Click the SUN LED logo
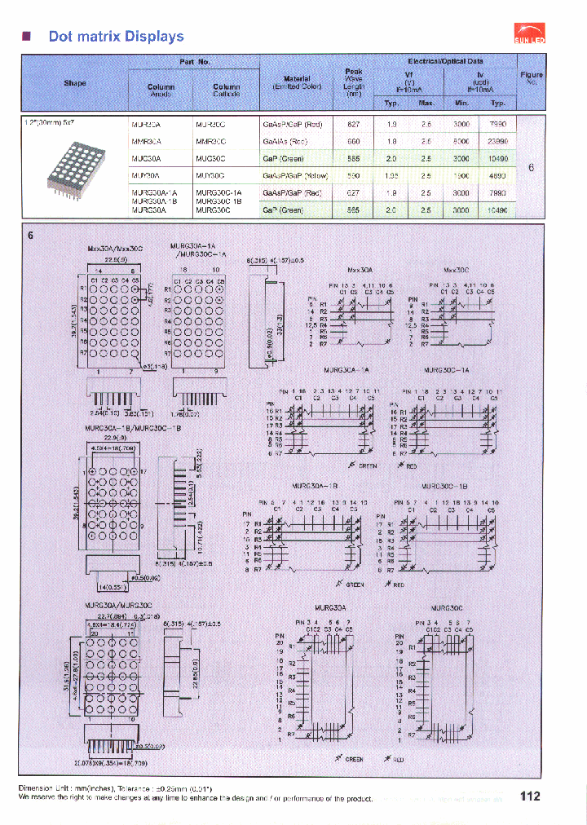(531, 32)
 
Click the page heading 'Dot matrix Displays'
(116, 37)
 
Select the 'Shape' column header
(75, 83)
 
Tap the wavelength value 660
(354, 141)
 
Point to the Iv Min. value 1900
(461, 175)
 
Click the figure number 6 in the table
(531, 167)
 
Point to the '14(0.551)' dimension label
(114, 586)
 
